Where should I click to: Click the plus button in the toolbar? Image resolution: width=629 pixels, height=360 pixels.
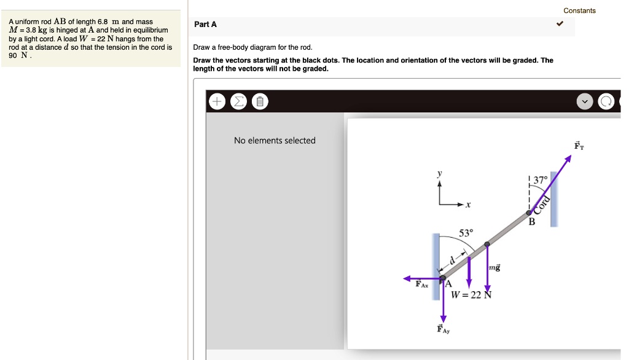216,102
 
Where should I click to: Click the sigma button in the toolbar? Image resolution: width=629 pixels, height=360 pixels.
238,102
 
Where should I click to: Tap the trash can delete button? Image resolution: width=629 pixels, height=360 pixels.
259,102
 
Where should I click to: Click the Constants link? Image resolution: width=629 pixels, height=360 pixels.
579,10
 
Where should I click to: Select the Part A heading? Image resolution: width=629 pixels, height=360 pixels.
205,25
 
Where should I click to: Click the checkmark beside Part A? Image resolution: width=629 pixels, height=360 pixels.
560,25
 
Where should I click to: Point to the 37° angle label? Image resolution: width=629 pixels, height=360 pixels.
540,181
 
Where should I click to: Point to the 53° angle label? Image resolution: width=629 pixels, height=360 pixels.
466,233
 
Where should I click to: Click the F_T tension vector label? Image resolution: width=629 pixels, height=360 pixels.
579,146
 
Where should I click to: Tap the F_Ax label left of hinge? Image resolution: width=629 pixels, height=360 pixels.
422,284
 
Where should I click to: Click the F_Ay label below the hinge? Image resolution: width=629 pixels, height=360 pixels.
443,329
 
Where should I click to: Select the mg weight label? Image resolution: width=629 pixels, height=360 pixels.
494,268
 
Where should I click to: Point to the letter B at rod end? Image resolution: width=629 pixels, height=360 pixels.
532,222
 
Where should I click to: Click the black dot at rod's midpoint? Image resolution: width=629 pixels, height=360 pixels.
487,245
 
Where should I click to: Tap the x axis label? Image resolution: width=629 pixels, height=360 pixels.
469,205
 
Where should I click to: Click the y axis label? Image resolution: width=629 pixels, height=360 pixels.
439,174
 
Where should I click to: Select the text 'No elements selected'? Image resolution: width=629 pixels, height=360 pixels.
275,141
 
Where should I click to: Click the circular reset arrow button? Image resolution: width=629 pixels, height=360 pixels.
606,102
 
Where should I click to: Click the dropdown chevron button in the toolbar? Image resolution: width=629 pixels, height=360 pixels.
585,102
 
